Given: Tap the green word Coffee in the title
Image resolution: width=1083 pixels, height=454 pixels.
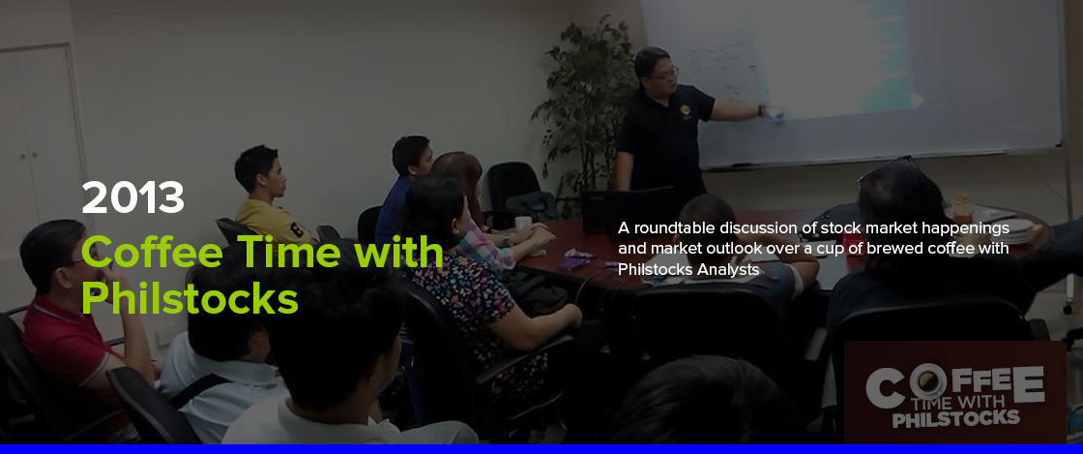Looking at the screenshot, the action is click(x=152, y=252).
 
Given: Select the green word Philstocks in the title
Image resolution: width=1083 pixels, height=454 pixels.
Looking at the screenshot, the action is click(x=190, y=298).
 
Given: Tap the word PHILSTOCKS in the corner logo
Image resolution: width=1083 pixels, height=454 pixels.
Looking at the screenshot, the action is click(x=956, y=418).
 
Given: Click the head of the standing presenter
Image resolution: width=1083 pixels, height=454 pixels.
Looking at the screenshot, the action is click(x=653, y=67).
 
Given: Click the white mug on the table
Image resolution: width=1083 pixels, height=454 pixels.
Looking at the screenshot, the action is click(x=523, y=224).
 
